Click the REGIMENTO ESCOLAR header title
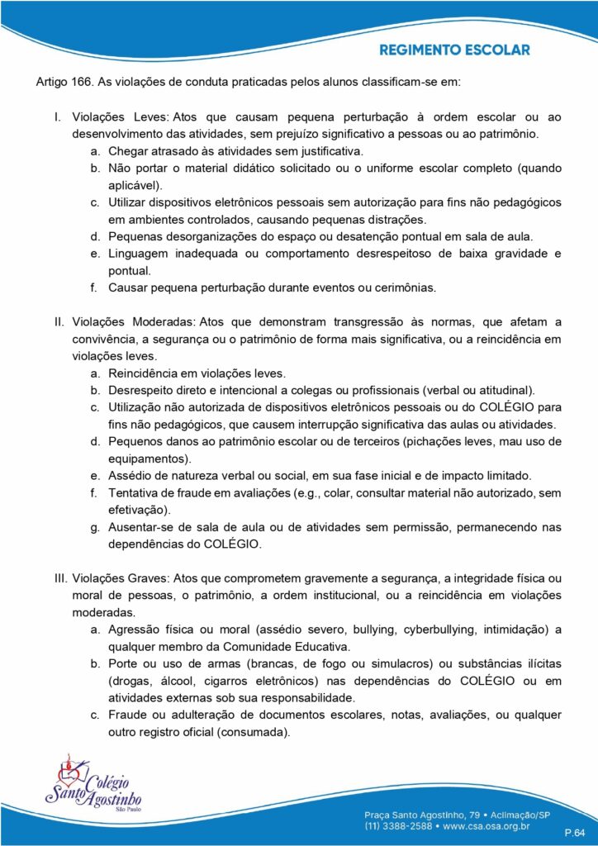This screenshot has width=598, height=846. pos(454,50)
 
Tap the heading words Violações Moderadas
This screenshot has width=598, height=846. pos(131,321)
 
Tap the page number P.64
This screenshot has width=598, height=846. pos(574,829)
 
